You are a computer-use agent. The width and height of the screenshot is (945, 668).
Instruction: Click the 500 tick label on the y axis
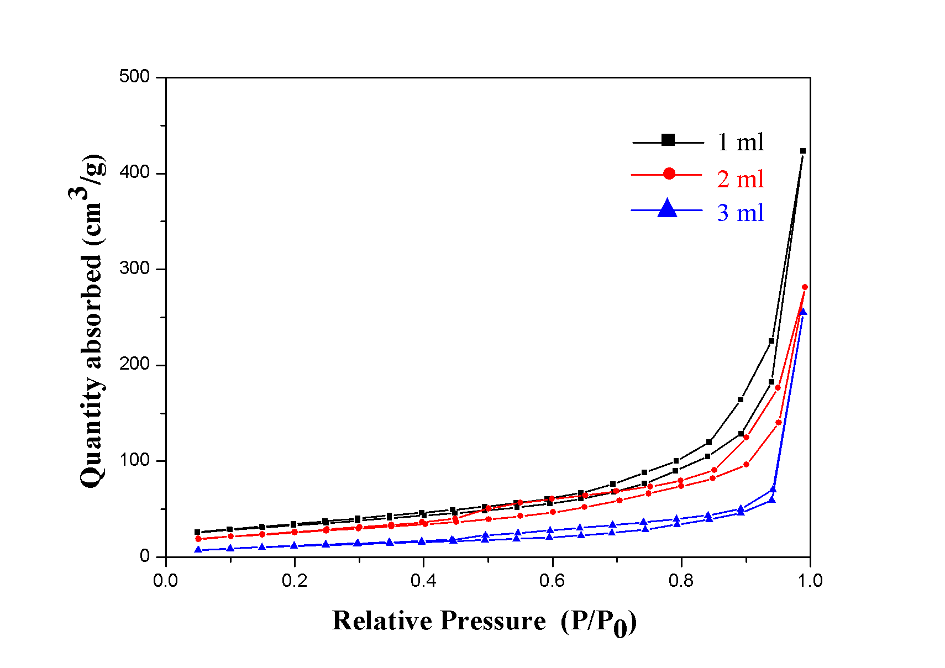pyautogui.click(x=134, y=76)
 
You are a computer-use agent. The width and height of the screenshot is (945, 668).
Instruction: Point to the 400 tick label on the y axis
pyautogui.click(x=134, y=172)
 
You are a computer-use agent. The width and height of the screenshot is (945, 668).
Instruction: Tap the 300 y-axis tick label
pyautogui.click(x=134, y=269)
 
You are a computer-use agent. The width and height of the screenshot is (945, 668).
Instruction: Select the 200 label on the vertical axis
pyautogui.click(x=134, y=364)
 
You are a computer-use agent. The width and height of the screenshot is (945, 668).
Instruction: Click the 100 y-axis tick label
pyautogui.click(x=134, y=460)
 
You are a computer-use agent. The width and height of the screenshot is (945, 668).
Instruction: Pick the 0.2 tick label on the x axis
pyautogui.click(x=295, y=581)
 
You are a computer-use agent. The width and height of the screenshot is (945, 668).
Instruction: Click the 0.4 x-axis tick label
pyautogui.click(x=423, y=581)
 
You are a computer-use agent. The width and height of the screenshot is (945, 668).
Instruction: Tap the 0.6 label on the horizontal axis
pyautogui.click(x=552, y=581)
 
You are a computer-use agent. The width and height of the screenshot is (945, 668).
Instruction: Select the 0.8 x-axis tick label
pyautogui.click(x=681, y=581)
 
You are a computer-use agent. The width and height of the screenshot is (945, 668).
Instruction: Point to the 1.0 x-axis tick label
pyautogui.click(x=810, y=581)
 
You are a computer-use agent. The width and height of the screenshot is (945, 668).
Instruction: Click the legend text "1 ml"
pyautogui.click(x=741, y=143)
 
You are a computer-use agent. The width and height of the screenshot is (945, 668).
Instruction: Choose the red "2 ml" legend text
pyautogui.click(x=741, y=179)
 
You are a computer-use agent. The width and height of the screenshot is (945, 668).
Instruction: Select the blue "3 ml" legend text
pyautogui.click(x=741, y=213)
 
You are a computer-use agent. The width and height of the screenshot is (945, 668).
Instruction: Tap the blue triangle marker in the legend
pyautogui.click(x=668, y=209)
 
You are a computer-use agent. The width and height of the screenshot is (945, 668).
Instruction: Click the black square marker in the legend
pyautogui.click(x=668, y=140)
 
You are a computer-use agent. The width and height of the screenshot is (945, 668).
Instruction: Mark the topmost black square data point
pyautogui.click(x=803, y=151)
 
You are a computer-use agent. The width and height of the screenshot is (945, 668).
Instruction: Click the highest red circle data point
pyautogui.click(x=805, y=287)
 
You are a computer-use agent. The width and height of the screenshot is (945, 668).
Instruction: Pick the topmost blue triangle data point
pyautogui.click(x=803, y=312)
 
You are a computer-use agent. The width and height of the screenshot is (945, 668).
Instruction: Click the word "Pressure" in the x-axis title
pyautogui.click(x=494, y=620)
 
